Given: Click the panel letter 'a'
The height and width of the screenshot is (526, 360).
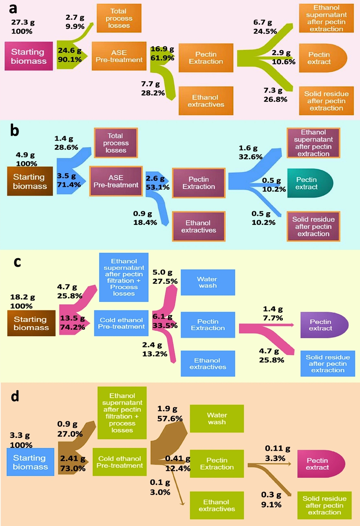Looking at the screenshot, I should tap(13, 8).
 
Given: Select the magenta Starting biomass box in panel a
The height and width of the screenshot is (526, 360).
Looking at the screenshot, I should tap(29, 56).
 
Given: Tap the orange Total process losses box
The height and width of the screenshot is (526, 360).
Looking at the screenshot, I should tap(119, 18).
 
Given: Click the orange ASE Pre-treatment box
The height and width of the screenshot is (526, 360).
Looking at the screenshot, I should tap(119, 56).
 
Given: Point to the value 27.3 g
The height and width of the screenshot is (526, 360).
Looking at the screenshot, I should tap(23, 22).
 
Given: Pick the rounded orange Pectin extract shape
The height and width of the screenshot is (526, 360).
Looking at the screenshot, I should tap(322, 58).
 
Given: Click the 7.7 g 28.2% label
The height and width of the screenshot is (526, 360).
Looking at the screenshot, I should tap(153, 89).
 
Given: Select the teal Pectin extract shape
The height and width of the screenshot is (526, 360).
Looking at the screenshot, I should tap(309, 183).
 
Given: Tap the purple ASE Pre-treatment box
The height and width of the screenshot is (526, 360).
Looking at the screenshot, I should tap(116, 181).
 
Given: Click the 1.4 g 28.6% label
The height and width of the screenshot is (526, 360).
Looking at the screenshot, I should tap(66, 143).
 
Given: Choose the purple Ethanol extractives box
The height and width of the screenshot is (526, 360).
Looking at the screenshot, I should tap(199, 226).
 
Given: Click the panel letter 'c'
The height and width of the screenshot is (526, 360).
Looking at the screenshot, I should tap(17, 262).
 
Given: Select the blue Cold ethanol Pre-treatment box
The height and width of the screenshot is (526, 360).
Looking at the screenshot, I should tap(121, 323).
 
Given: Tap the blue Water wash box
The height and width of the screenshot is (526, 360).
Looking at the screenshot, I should tap(208, 283).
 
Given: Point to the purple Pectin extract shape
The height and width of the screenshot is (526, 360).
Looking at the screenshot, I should tap(323, 325).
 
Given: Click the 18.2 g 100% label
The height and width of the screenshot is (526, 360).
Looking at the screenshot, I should tap(22, 301).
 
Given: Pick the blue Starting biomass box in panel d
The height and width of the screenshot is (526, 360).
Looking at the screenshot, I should tap(30, 462).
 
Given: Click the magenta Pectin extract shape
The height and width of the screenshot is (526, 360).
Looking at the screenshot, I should tap(320, 464).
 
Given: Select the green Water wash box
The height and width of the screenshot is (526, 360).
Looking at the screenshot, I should tap(217, 419).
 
